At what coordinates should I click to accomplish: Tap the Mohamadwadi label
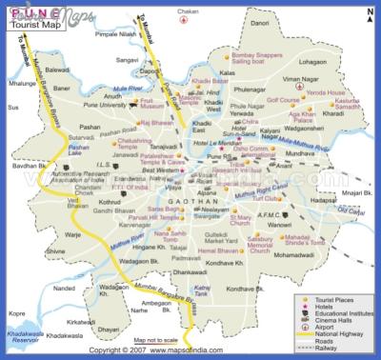(300, 255)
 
